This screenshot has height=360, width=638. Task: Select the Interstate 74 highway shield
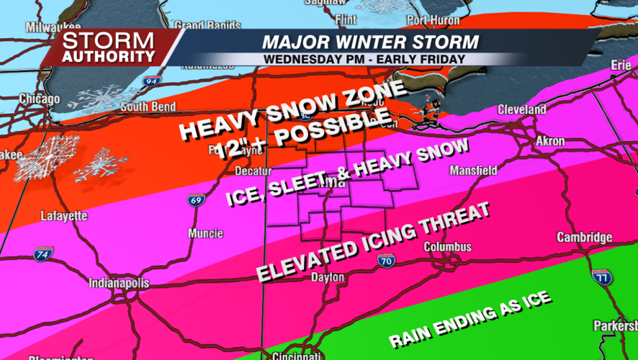(x=42, y=253)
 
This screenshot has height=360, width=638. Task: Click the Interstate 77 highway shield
(x=602, y=276)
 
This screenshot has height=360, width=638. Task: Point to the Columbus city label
(x=447, y=247)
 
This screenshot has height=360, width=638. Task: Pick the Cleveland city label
(x=521, y=110)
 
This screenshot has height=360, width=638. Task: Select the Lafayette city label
(x=64, y=215)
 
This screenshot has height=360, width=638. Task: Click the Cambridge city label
(x=585, y=238)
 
